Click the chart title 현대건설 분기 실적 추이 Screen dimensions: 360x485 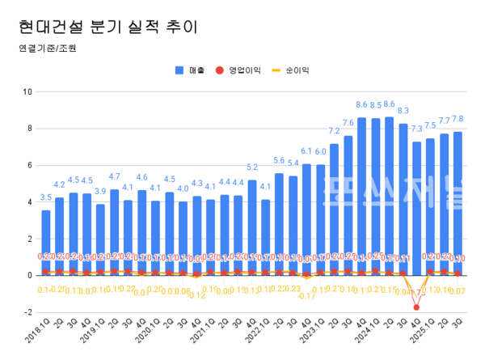pyautogui.click(x=106, y=27)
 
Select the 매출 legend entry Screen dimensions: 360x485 pyautogui.click(x=191, y=70)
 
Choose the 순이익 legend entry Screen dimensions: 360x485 pyautogui.click(x=293, y=70)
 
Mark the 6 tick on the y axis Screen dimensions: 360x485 pyautogui.click(x=28, y=165)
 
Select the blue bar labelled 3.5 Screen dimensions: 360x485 pyautogui.click(x=46, y=243)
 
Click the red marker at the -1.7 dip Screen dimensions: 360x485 pyautogui.click(x=416, y=307)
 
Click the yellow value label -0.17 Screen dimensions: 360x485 pyautogui.click(x=306, y=296)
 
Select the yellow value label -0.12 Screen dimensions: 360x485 pyautogui.click(x=196, y=296)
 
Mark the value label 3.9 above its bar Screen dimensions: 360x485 pyautogui.click(x=101, y=192)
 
